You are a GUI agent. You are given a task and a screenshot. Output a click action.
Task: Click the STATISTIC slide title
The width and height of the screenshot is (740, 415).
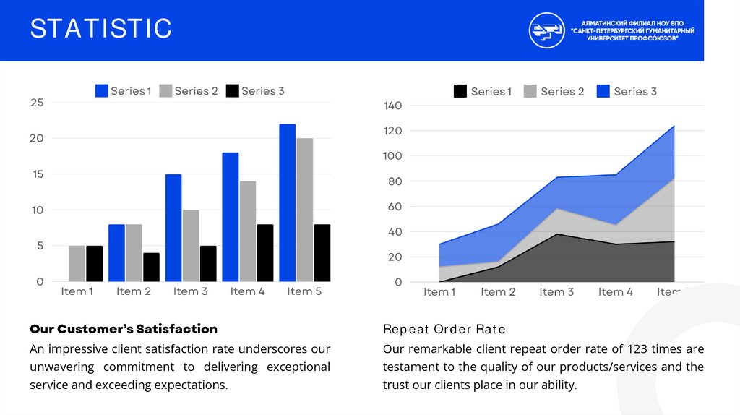point(101,30)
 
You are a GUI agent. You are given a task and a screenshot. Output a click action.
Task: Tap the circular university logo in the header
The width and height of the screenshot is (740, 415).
point(547,30)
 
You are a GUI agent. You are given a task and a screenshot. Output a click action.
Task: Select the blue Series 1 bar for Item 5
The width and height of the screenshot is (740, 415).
point(288,202)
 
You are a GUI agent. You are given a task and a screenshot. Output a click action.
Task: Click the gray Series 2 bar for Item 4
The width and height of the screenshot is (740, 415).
point(248,231)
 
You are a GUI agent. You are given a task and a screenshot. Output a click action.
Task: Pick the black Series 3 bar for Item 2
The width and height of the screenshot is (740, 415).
point(151,267)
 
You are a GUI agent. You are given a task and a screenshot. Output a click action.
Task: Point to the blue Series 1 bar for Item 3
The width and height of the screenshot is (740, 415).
point(173,228)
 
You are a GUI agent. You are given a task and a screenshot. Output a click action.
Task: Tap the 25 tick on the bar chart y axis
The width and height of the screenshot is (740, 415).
point(37,103)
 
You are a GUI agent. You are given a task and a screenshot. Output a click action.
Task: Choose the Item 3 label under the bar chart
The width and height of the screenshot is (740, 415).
point(191,291)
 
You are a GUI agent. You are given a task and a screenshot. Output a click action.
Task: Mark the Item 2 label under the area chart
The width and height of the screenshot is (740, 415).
point(499,292)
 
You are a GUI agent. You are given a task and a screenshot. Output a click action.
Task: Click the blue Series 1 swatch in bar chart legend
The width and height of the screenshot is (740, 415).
point(102,91)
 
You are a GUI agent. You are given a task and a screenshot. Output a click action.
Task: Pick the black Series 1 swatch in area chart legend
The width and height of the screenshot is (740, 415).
point(460,91)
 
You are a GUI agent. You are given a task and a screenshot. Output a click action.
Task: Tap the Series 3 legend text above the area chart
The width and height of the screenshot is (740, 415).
point(635,91)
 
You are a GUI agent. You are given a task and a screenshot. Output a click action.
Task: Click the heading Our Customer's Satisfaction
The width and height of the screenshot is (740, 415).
point(124,329)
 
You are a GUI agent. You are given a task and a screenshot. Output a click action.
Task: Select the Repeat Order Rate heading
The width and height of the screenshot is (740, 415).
point(444,330)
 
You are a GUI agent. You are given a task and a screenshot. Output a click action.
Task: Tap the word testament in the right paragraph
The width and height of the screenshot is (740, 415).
point(410,367)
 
